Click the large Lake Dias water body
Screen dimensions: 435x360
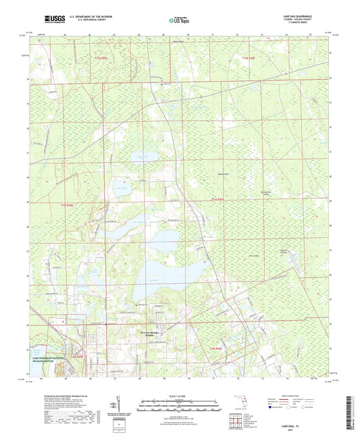coord(169,274)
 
